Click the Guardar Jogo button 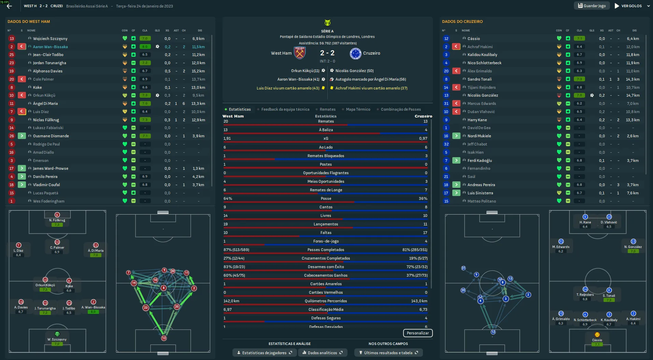(592, 6)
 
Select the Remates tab (327, 109)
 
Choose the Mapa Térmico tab (358, 109)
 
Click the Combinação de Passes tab (400, 109)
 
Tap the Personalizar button (417, 333)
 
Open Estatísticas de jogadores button (264, 353)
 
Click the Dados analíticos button (322, 353)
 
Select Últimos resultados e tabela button (388, 353)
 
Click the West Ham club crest (300, 53)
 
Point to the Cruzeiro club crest (355, 53)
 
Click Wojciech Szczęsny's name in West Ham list (50, 39)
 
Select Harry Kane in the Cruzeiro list (477, 120)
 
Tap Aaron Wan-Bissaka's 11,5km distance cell (198, 47)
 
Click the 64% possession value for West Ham (228, 198)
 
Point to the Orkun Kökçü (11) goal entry (305, 71)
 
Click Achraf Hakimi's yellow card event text (371, 88)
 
